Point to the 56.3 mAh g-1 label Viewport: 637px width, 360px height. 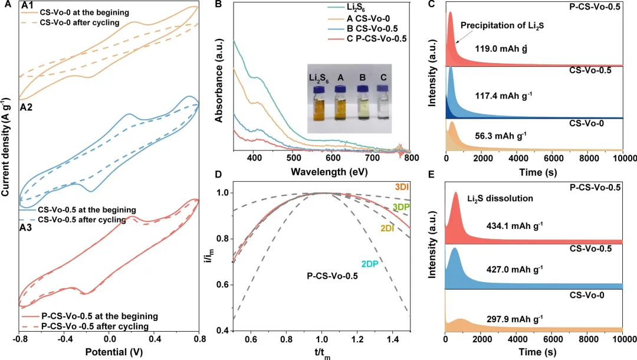(501, 135)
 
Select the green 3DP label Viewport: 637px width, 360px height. (401, 207)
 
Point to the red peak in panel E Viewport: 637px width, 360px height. (455, 195)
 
